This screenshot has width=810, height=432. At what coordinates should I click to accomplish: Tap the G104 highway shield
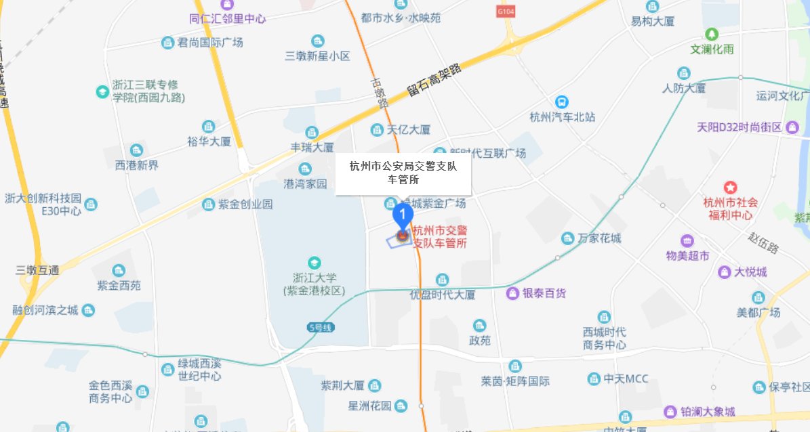point(506,12)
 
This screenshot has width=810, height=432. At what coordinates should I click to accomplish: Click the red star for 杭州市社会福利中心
point(730,188)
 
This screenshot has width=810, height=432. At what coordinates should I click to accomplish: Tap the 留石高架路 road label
point(434,80)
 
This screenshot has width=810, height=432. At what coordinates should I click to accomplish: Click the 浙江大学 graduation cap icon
point(314,263)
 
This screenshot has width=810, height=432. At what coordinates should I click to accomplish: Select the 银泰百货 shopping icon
point(513,293)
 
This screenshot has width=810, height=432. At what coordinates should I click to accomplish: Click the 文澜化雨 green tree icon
point(712,34)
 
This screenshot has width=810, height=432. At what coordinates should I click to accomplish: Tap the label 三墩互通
point(37,270)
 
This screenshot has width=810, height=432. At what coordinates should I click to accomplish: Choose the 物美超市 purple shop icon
point(687,240)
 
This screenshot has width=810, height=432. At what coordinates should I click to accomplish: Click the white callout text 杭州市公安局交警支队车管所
point(403,173)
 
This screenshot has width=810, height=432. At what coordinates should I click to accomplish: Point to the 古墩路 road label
point(379,93)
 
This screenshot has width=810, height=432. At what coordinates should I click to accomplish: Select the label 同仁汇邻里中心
point(227,19)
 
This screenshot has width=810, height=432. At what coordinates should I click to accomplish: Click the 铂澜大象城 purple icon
point(670,411)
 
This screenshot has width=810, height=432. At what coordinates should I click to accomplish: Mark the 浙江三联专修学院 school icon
point(102,91)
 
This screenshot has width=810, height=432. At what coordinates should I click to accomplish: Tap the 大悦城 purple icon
point(724,272)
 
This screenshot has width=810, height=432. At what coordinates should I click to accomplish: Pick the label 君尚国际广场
point(209,43)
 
